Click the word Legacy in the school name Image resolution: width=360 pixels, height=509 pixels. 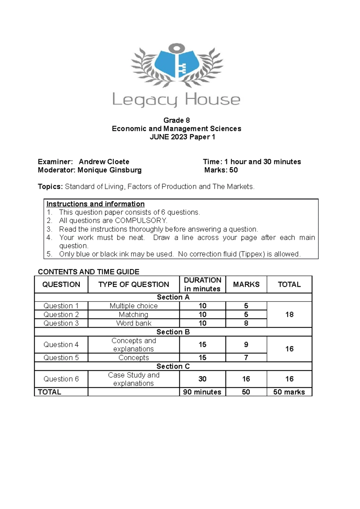coord(145,100)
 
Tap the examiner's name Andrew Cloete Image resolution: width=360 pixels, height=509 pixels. coord(104,162)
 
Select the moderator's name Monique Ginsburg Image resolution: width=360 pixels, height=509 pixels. coord(109,170)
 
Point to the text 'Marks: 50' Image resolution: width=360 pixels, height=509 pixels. coord(221,170)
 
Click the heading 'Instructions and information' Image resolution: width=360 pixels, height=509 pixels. coord(95,204)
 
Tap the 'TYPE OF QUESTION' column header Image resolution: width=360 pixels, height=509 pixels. coord(133,284)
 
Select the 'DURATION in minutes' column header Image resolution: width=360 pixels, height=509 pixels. coord(202,284)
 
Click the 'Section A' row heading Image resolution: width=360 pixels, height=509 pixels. coord(173,297)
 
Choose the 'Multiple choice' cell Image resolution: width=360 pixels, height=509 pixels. coord(133,306)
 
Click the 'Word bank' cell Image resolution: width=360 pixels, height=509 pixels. coord(133,323)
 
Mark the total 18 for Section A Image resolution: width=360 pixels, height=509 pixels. coord(289,315)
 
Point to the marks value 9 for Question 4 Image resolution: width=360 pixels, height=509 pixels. coord(246,345)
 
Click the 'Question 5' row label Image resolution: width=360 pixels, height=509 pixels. coord(61,358)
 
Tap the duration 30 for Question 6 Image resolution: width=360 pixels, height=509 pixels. coord(202,379)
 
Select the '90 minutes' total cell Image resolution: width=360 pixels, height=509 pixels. coord(202,392)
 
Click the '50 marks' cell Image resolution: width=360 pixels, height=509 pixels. coord(289,392)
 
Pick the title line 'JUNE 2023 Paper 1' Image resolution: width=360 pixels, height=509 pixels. coord(182,137)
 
